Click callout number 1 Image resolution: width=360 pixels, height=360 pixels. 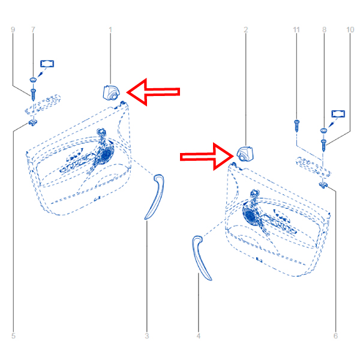[110, 30]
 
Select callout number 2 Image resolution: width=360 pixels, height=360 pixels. [246, 30]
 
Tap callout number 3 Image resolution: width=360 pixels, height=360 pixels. [147, 336]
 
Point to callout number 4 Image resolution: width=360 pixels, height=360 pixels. [199, 336]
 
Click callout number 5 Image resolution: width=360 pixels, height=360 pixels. [13, 336]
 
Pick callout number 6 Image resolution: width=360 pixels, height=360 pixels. [335, 336]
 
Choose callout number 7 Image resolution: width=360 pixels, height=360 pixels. [33, 30]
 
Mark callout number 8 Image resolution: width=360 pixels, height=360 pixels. [324, 30]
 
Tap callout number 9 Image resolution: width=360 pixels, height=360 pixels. [13, 30]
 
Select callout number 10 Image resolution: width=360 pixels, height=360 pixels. [350, 30]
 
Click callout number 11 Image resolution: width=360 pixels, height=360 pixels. [296, 30]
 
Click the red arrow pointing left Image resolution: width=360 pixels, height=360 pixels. [153, 92]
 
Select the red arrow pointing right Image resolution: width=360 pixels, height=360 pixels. [207, 157]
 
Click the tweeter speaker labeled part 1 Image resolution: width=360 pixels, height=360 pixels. [112, 93]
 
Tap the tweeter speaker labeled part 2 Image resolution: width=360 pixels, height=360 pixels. [245, 154]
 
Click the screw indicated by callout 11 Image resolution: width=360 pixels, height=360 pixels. [296, 125]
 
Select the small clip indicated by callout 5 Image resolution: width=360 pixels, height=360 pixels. [33, 123]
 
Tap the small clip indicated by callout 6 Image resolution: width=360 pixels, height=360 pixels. [323, 185]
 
